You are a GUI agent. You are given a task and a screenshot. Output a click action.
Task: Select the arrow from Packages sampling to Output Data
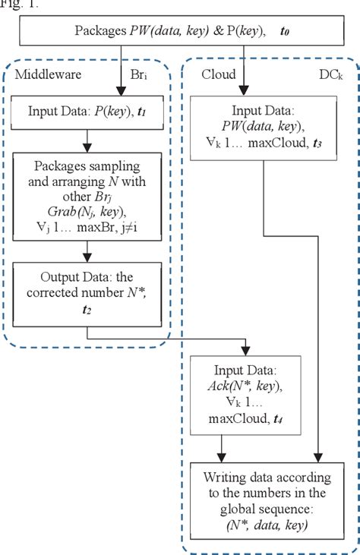(x=87, y=252)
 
